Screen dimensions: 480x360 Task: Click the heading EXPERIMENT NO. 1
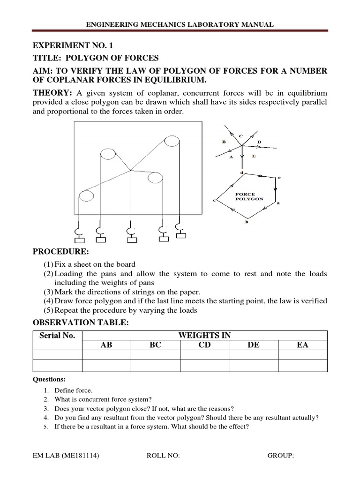point(73,46)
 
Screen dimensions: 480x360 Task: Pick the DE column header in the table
point(253,345)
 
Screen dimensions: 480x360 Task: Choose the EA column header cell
point(301,345)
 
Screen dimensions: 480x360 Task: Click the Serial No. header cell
point(57,336)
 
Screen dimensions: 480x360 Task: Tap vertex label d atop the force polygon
point(241,172)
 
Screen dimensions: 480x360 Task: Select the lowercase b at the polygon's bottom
point(247,222)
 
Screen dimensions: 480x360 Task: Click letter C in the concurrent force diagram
point(241,136)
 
